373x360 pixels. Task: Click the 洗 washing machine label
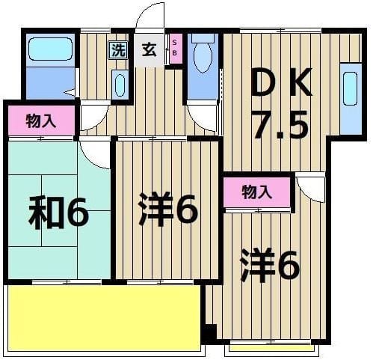[118, 51]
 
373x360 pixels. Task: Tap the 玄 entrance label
[149, 51]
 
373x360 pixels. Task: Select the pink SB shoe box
[176, 50]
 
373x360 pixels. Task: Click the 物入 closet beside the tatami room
[41, 121]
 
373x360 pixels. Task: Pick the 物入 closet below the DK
[256, 192]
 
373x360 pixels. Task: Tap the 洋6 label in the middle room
[167, 209]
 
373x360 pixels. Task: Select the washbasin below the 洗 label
[120, 85]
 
